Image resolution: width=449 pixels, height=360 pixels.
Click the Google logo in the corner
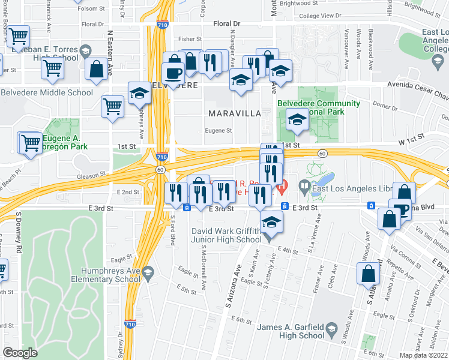(20, 353)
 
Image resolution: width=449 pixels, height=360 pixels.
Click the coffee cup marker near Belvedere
(174, 74)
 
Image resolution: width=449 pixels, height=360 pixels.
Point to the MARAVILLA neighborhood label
(234, 113)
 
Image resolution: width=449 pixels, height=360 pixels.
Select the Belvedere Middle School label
(47, 92)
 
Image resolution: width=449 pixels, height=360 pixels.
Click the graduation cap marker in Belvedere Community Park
(297, 121)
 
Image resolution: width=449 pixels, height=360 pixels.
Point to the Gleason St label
(94, 173)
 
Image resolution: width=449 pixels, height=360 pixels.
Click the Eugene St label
(218, 130)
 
